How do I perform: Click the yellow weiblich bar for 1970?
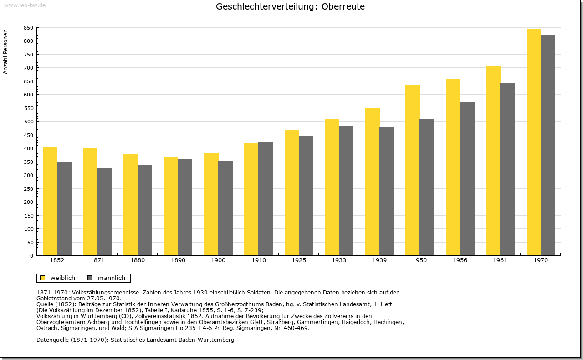click(x=533, y=142)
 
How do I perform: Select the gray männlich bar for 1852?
click(x=64, y=208)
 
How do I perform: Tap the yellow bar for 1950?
click(x=413, y=170)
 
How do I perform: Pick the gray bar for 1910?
click(x=266, y=199)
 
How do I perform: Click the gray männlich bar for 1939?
click(x=387, y=192)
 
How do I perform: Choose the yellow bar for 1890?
click(x=171, y=206)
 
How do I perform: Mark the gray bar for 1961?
click(x=507, y=169)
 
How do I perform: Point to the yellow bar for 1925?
click(x=292, y=193)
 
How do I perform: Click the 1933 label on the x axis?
click(x=339, y=260)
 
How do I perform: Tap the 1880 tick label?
click(x=138, y=260)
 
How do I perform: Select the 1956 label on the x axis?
click(x=460, y=260)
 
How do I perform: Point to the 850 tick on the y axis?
click(x=28, y=28)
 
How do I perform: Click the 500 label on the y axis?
click(x=28, y=122)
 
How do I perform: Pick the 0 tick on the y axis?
click(x=31, y=256)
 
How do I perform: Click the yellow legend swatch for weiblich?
click(x=43, y=278)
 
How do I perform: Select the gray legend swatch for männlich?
click(x=90, y=278)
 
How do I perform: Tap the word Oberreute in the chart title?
click(x=343, y=6)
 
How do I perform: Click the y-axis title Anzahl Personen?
click(x=5, y=51)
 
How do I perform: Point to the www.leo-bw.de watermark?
click(x=25, y=5)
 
